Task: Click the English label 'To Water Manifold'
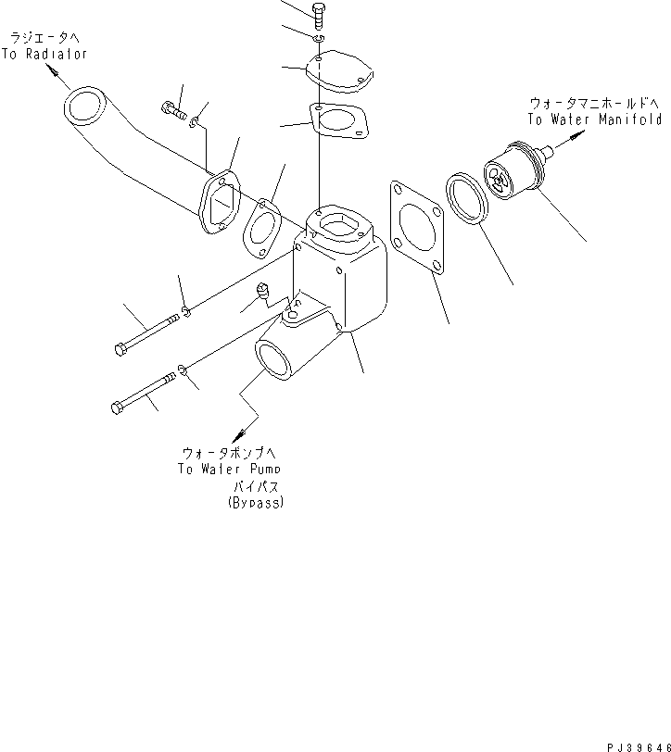coord(594,119)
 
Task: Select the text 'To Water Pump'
coord(227,469)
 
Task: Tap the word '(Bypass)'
coord(255,502)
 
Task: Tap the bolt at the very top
coord(320,15)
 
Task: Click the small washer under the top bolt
coord(318,39)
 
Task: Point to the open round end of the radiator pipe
coord(83,107)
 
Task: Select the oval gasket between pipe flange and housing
coord(262,228)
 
